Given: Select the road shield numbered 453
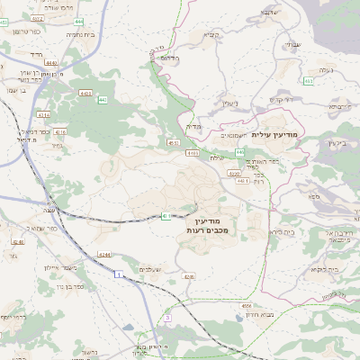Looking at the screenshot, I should [309, 81].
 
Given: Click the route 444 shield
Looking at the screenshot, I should [79, 20].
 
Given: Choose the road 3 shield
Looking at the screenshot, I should [167, 317].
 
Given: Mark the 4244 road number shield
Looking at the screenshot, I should [105, 255].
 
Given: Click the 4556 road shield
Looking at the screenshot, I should [246, 306].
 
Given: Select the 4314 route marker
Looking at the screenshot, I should [43, 115].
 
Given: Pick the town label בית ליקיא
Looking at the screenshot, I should [320, 269].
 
